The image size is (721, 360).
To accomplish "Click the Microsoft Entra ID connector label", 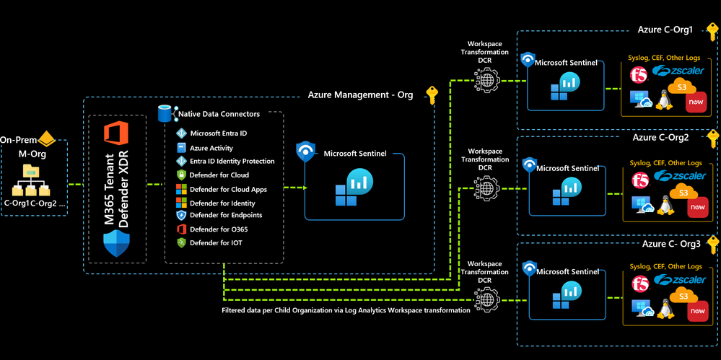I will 218,133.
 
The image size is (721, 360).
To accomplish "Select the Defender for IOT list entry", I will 216,243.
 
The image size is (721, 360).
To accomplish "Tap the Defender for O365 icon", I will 182,229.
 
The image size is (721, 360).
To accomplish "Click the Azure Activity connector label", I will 211,148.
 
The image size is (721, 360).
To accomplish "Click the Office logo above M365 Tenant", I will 115,135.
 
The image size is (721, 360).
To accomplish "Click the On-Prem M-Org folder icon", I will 32,171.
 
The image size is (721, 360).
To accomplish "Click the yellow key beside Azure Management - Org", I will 432,95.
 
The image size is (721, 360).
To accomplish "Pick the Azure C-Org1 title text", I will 665,30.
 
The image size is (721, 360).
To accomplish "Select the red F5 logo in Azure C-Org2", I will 639,179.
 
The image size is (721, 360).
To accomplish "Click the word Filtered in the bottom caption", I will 237,309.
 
